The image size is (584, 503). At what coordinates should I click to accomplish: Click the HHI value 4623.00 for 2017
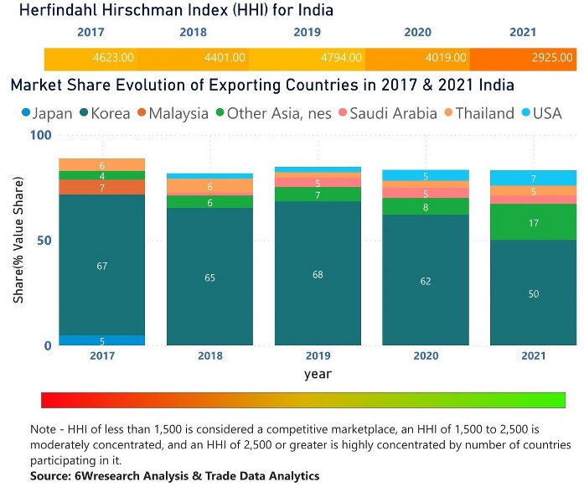pyautogui.click(x=113, y=59)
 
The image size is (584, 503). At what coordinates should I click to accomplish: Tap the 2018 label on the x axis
pyautogui.click(x=210, y=355)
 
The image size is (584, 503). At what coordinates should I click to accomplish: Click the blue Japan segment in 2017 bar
pyautogui.click(x=102, y=340)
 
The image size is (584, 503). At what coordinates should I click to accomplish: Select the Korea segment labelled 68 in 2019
pyautogui.click(x=318, y=273)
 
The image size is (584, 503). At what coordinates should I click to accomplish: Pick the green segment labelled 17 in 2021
pyautogui.click(x=533, y=222)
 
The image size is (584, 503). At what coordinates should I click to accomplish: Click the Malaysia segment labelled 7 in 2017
pyautogui.click(x=102, y=187)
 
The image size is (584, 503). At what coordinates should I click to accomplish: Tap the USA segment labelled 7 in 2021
pyautogui.click(x=533, y=178)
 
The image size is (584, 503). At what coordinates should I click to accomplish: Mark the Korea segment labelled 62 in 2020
pyautogui.click(x=426, y=280)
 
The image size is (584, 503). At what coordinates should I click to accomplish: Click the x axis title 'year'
pyautogui.click(x=318, y=374)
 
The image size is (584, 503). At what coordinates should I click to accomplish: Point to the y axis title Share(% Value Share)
pyautogui.click(x=18, y=241)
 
